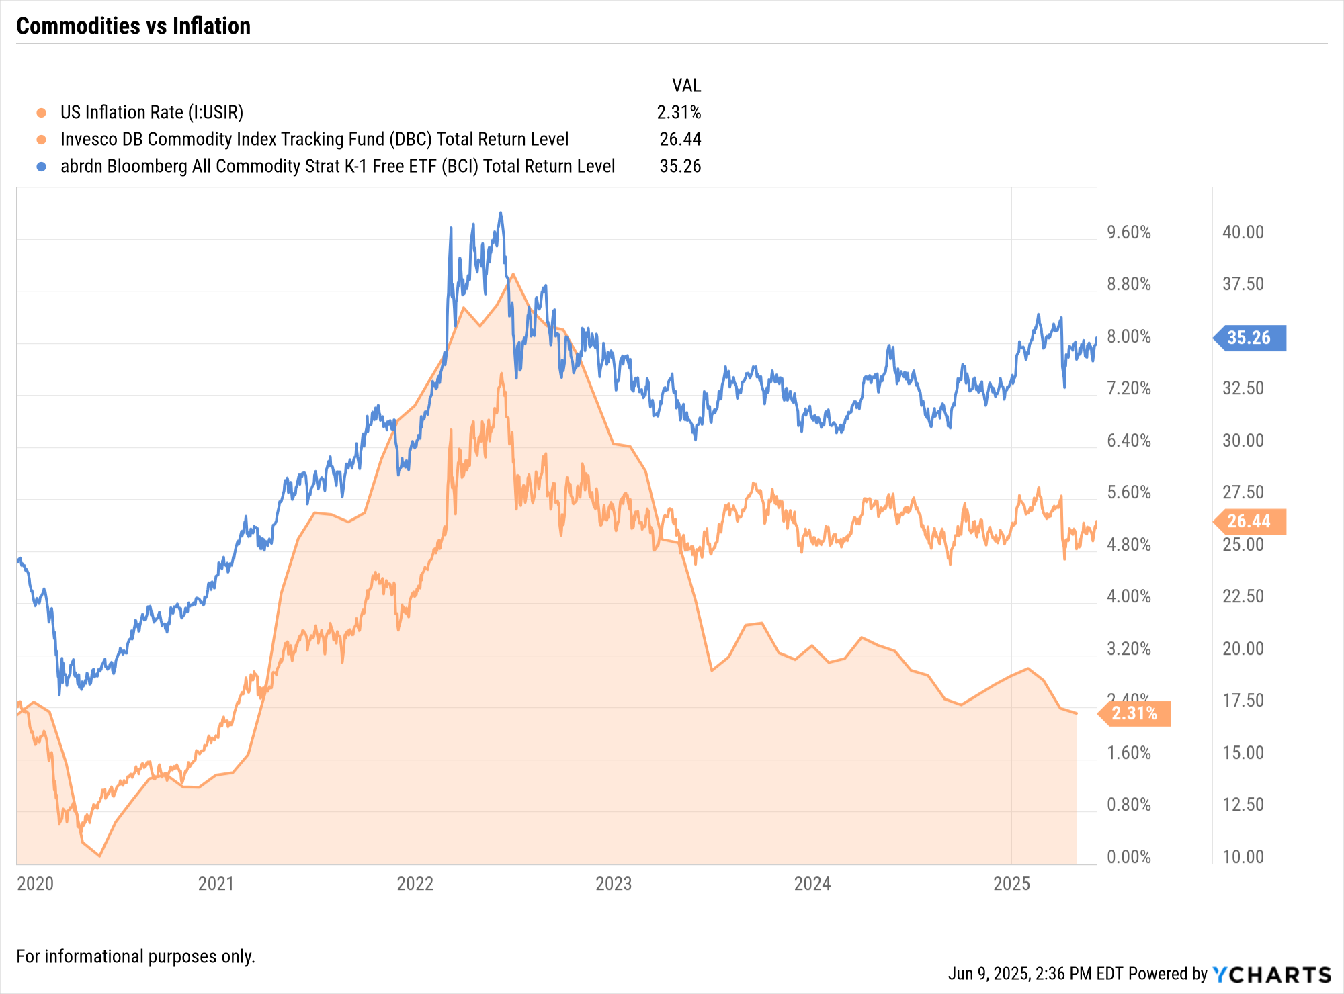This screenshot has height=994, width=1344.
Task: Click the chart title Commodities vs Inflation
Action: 133,26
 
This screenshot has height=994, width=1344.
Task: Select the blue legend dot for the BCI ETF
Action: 42,166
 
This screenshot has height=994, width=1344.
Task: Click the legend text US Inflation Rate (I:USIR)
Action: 152,112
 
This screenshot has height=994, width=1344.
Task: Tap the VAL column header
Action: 686,85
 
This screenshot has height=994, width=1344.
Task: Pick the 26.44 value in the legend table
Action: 680,139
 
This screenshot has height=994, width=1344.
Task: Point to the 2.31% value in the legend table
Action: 679,112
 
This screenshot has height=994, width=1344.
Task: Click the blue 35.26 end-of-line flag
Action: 1250,338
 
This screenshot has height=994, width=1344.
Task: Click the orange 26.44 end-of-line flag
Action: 1250,521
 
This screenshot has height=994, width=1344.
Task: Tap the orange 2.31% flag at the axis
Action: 1135,713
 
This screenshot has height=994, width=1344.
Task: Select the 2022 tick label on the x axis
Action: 415,883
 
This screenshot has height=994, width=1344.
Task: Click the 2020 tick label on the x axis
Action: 35,883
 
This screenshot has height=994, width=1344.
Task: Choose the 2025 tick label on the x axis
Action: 1011,883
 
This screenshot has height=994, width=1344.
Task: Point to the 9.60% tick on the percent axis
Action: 1129,232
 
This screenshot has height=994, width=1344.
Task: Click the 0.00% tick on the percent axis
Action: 1129,857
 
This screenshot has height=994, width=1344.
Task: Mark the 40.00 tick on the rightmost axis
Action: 1243,232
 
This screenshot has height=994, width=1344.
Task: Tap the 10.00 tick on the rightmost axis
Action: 1243,857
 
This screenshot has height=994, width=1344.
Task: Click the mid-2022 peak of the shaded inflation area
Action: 513,274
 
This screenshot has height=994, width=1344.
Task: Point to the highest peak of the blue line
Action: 500,213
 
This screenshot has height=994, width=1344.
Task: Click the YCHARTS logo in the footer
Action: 1272,975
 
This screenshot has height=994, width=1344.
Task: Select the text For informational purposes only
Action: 136,956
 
